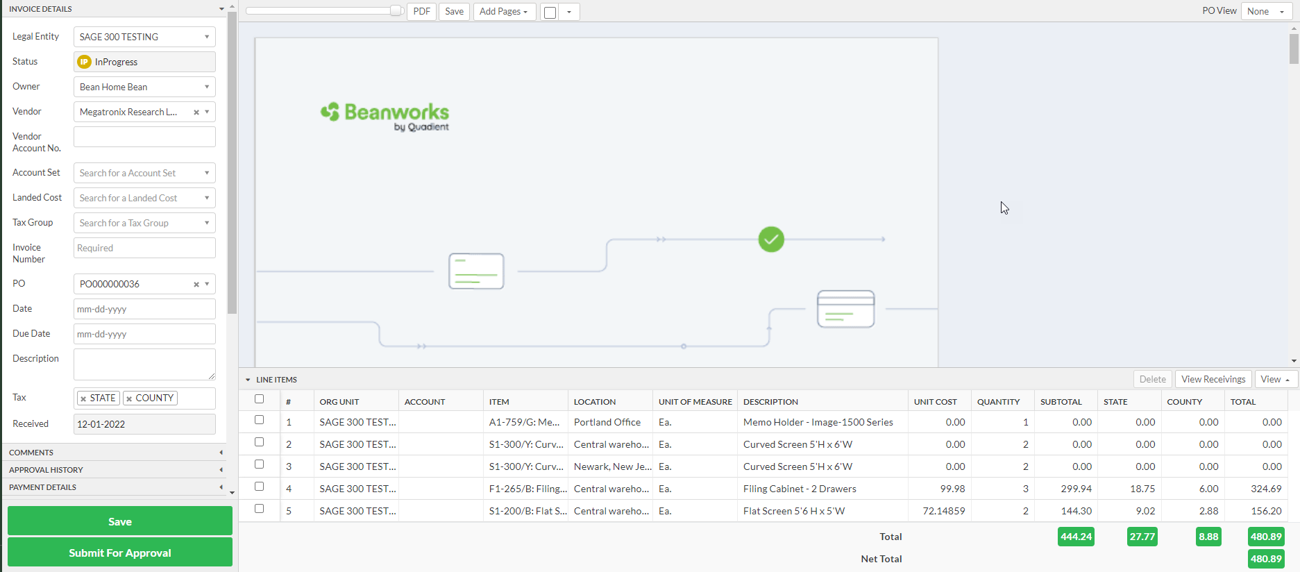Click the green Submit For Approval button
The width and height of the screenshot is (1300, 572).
pyautogui.click(x=119, y=553)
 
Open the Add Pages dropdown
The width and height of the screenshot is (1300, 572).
pyautogui.click(x=504, y=12)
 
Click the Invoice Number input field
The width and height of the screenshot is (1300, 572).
pyautogui.click(x=144, y=248)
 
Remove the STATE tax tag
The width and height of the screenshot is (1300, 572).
pyautogui.click(x=83, y=398)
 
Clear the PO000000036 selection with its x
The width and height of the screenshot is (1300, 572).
pyautogui.click(x=196, y=284)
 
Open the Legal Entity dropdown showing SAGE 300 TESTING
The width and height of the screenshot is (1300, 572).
pyautogui.click(x=144, y=37)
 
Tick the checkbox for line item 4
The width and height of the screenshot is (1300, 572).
pyautogui.click(x=260, y=487)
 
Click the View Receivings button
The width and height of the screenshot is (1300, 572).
pyautogui.click(x=1213, y=379)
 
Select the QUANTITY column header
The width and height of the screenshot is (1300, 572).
pyautogui.click(x=998, y=402)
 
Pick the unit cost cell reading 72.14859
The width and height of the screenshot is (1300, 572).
pyautogui.click(x=943, y=511)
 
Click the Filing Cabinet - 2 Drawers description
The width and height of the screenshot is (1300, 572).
pyautogui.click(x=800, y=489)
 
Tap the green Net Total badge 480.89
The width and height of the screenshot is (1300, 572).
pyautogui.click(x=1265, y=559)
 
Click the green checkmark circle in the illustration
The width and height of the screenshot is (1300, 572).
pyautogui.click(x=771, y=239)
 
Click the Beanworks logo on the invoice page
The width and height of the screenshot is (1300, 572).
pyautogui.click(x=385, y=116)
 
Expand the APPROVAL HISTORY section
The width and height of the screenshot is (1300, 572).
pyautogui.click(x=115, y=470)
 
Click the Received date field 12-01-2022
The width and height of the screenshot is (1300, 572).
pyautogui.click(x=144, y=424)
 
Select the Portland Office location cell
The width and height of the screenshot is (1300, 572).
pyautogui.click(x=607, y=422)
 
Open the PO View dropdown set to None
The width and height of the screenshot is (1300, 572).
pyautogui.click(x=1265, y=12)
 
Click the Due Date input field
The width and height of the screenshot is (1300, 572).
pyautogui.click(x=144, y=334)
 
